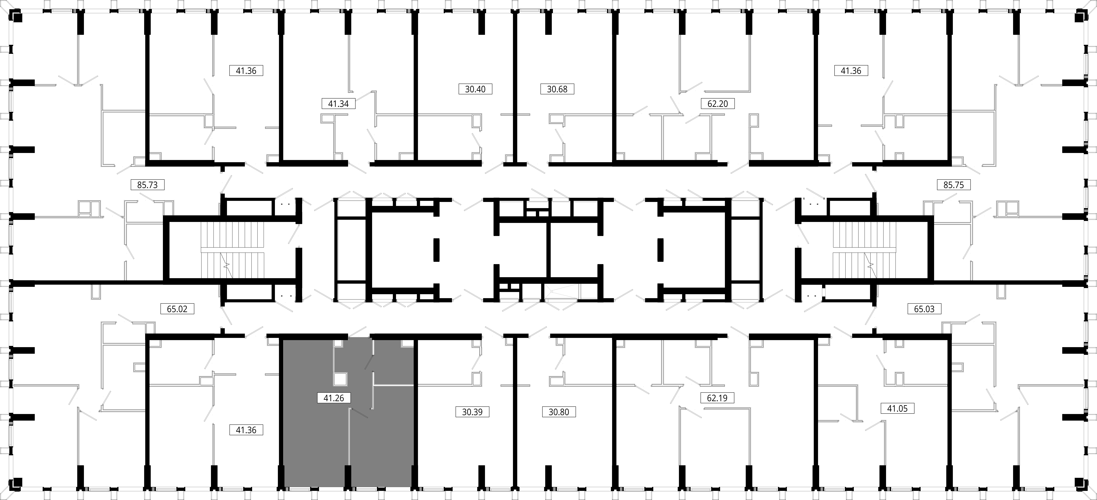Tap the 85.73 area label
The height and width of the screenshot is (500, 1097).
pyautogui.click(x=147, y=185)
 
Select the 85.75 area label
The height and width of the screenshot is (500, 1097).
pyautogui.click(x=954, y=185)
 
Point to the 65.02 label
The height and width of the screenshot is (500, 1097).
pyautogui.click(x=177, y=309)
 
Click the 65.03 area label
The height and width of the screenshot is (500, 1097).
pyautogui.click(x=924, y=309)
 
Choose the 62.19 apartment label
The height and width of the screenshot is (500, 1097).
pyautogui.click(x=718, y=398)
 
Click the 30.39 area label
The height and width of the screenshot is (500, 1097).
pyautogui.click(x=472, y=412)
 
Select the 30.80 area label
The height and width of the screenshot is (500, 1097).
pyautogui.click(x=559, y=412)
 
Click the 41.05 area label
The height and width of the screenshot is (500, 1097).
pyautogui.click(x=897, y=408)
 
